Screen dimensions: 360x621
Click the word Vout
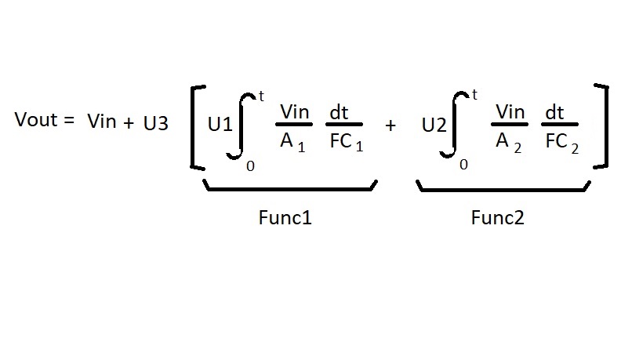click(x=37, y=121)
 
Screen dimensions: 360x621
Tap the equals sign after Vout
click(x=69, y=121)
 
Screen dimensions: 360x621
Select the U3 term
click(x=155, y=124)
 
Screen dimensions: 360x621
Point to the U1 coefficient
click(x=220, y=124)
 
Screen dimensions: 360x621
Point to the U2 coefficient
click(x=434, y=124)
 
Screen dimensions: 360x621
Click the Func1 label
click(x=285, y=218)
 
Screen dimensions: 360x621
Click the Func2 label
click(x=497, y=218)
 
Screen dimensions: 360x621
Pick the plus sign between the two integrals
click(x=390, y=125)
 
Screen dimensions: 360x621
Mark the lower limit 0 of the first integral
click(x=250, y=165)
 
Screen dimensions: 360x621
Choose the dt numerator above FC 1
click(x=339, y=112)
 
